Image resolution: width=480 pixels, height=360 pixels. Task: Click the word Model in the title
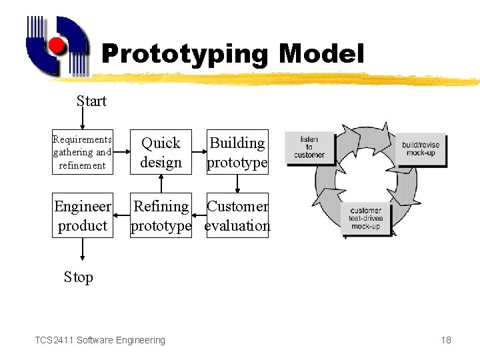[322, 54]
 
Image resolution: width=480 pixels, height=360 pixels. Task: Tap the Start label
[91, 101]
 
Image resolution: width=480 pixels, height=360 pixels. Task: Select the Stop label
[79, 277]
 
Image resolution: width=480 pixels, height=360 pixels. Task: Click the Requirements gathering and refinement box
[82, 152]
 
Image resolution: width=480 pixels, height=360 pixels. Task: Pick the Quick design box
[161, 152]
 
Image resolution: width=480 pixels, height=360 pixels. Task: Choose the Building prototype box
[237, 152]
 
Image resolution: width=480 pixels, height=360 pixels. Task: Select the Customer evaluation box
[237, 216]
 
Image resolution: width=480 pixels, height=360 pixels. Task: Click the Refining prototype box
[161, 216]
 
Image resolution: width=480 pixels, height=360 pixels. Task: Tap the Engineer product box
[82, 216]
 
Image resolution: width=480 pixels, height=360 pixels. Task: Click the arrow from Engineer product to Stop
[82, 249]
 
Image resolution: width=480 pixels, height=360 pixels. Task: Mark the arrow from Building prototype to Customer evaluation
[237, 184]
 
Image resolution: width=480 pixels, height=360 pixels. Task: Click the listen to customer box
[309, 147]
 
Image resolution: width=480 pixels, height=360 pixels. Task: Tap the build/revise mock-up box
[421, 149]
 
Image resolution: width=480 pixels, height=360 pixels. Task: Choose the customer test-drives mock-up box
[365, 217]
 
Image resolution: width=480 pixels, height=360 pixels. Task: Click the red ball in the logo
[57, 45]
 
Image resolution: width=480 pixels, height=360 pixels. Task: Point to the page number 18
[446, 340]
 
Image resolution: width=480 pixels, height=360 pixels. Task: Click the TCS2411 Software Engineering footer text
[100, 340]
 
